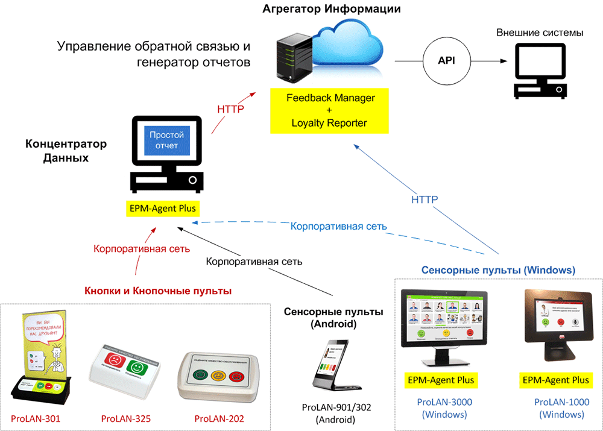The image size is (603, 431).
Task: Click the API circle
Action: pos(447,61)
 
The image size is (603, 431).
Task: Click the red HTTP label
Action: pos(230,109)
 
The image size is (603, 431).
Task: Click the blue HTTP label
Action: pos(425,200)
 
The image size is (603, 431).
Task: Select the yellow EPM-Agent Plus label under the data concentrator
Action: pos(163,209)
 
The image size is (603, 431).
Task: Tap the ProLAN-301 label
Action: pos(36,418)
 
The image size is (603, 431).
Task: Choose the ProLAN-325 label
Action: pos(125,418)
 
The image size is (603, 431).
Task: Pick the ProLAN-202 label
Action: pos(219,418)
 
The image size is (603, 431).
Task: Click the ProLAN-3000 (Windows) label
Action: pos(445,408)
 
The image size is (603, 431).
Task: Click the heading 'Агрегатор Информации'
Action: pos(332,10)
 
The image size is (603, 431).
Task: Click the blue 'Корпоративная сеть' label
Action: pos(338,227)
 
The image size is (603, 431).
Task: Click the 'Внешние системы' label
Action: pos(540,33)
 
